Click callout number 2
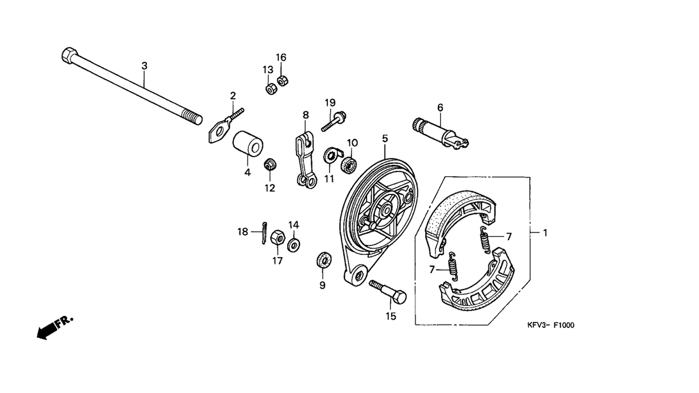click(233, 96)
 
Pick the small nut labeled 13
click(270, 89)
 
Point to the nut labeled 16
click(281, 80)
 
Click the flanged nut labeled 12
click(269, 165)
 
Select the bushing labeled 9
click(322, 259)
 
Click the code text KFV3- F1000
click(551, 325)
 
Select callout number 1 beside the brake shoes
click(545, 233)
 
